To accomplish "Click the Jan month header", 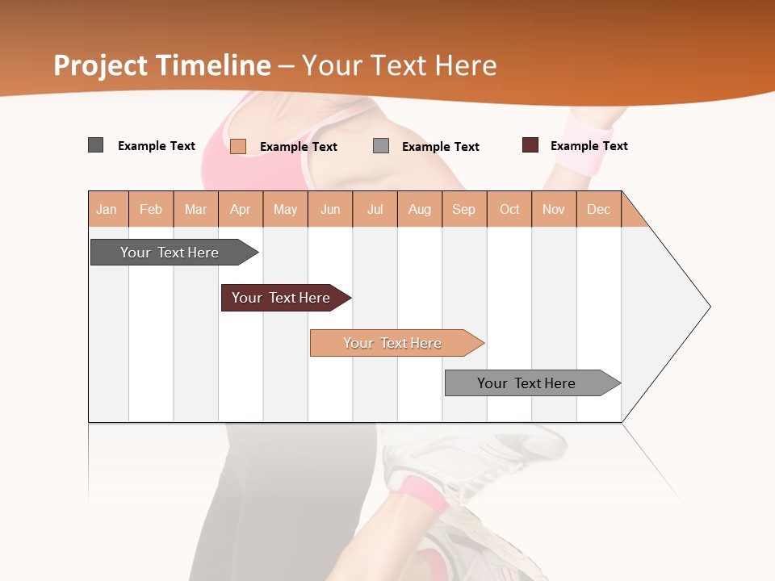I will [x=107, y=209].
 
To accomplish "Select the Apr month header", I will [x=241, y=209].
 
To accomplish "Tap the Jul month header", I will [x=375, y=209].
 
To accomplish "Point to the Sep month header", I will [x=463, y=209].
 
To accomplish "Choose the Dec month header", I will [x=598, y=209].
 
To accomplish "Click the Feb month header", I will [x=151, y=209].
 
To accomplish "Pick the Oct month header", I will [x=509, y=209].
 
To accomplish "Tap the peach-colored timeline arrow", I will [x=393, y=343].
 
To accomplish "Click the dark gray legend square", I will [x=96, y=145].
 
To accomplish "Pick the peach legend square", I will [x=238, y=146].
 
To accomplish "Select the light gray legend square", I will [x=381, y=146].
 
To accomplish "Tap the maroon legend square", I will [x=530, y=145].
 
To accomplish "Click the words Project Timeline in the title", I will [x=162, y=65].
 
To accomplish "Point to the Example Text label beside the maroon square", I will [x=589, y=146].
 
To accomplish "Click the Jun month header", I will [x=330, y=209].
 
